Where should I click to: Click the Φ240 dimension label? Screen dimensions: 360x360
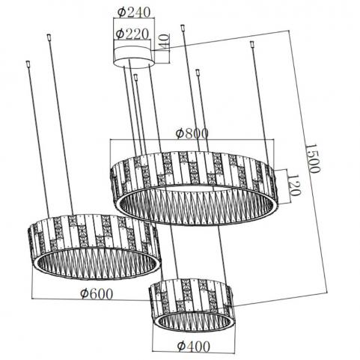point(134,12)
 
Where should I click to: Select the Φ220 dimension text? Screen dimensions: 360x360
point(132,34)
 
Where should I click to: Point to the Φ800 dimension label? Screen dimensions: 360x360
point(192,133)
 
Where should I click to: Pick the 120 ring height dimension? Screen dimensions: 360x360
point(294,185)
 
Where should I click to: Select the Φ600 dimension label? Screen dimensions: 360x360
point(97,294)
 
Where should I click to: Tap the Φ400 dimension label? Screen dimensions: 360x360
point(194,346)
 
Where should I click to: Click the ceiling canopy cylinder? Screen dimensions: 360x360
point(133,56)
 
